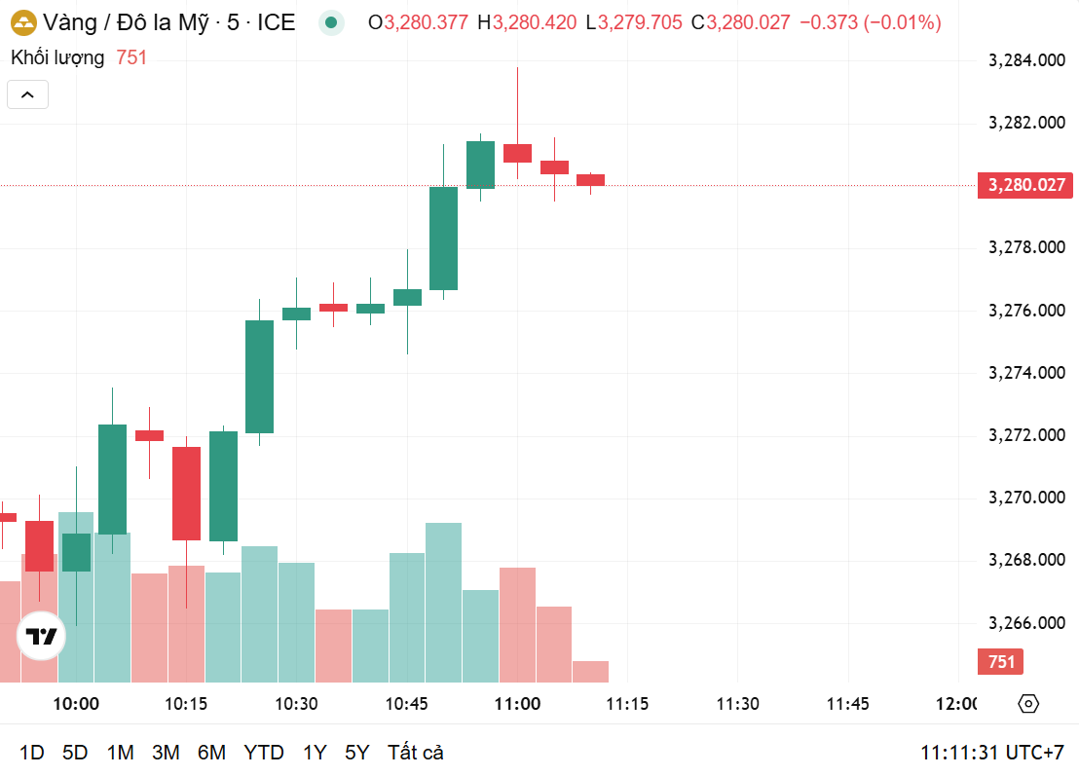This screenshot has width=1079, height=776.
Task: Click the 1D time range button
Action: (32, 753)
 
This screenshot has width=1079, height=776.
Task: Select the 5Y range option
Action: (357, 753)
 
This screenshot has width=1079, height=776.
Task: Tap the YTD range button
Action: (263, 753)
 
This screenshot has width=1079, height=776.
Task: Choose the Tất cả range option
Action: (416, 753)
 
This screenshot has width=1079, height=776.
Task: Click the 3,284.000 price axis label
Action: (1025, 61)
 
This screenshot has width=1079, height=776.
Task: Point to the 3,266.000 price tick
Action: (1025, 623)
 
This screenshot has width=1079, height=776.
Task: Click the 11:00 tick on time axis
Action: (517, 704)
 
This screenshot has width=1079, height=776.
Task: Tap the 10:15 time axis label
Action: (186, 704)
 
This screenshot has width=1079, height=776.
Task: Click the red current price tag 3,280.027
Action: (1026, 185)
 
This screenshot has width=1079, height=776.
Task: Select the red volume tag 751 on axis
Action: (1001, 662)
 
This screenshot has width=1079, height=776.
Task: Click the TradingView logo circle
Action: (42, 637)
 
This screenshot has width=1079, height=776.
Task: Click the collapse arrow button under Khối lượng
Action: (27, 94)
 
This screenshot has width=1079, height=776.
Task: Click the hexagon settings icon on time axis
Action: (1029, 704)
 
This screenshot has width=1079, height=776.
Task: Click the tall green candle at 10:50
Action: (443, 238)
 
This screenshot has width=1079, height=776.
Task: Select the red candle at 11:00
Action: (517, 153)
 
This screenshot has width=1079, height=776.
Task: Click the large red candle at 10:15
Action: (186, 493)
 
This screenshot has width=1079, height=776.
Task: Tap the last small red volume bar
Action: (590, 671)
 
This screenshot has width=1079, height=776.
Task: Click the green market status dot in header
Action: (333, 22)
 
